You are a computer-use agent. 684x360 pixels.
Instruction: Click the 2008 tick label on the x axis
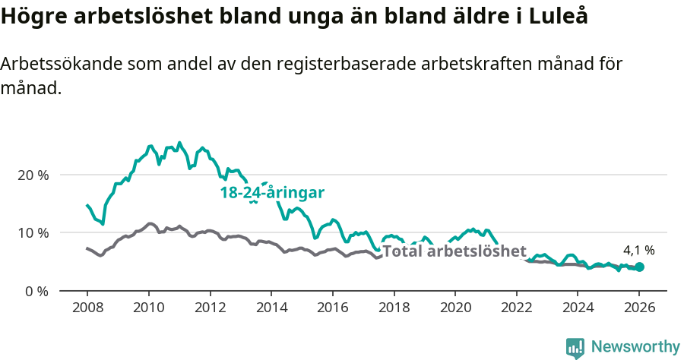pos(87,308)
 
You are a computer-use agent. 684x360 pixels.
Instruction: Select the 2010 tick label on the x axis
pos(148,308)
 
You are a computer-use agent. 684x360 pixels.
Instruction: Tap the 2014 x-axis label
pos(271,308)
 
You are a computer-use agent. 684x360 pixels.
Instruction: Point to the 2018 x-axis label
pos(394,308)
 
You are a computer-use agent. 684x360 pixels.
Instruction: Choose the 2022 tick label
pos(516,308)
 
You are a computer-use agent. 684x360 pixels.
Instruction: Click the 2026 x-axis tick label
pos(639,308)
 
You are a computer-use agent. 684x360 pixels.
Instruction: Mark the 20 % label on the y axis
pos(33,175)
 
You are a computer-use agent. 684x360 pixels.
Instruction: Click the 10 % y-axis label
pos(33,232)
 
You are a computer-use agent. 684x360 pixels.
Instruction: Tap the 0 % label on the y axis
pos(36,291)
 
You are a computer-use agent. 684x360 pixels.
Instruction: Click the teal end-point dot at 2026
pos(639,267)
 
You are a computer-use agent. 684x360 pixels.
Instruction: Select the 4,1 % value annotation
pos(638,249)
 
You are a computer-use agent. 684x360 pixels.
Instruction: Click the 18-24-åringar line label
pos(272,193)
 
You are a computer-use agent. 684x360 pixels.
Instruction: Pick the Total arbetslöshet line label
pos(454,251)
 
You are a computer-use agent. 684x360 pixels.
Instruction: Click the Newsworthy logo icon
pos(575,347)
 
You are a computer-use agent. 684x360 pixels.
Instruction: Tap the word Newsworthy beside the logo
pos(635,347)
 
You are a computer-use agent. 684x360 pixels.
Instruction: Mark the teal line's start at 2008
pos(87,205)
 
